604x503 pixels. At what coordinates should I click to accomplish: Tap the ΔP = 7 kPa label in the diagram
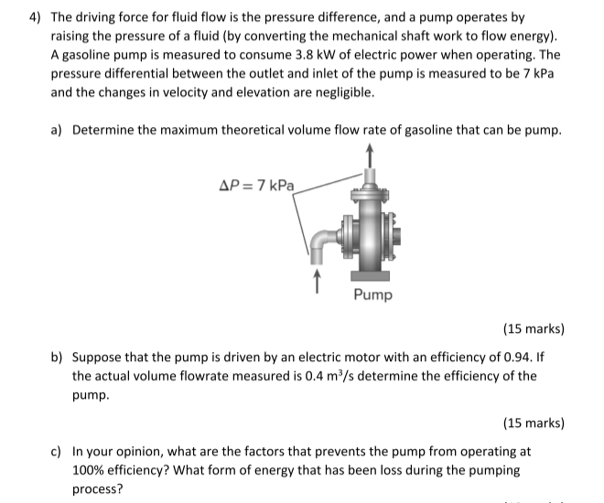pos(257,184)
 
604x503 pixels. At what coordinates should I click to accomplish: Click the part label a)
pos(58,130)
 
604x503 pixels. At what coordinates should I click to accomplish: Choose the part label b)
pos(58,357)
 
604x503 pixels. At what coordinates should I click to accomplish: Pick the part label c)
pos(58,452)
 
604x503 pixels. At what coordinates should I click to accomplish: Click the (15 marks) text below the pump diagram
pos(534,328)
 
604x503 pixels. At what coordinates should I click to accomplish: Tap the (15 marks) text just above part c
pos(534,423)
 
